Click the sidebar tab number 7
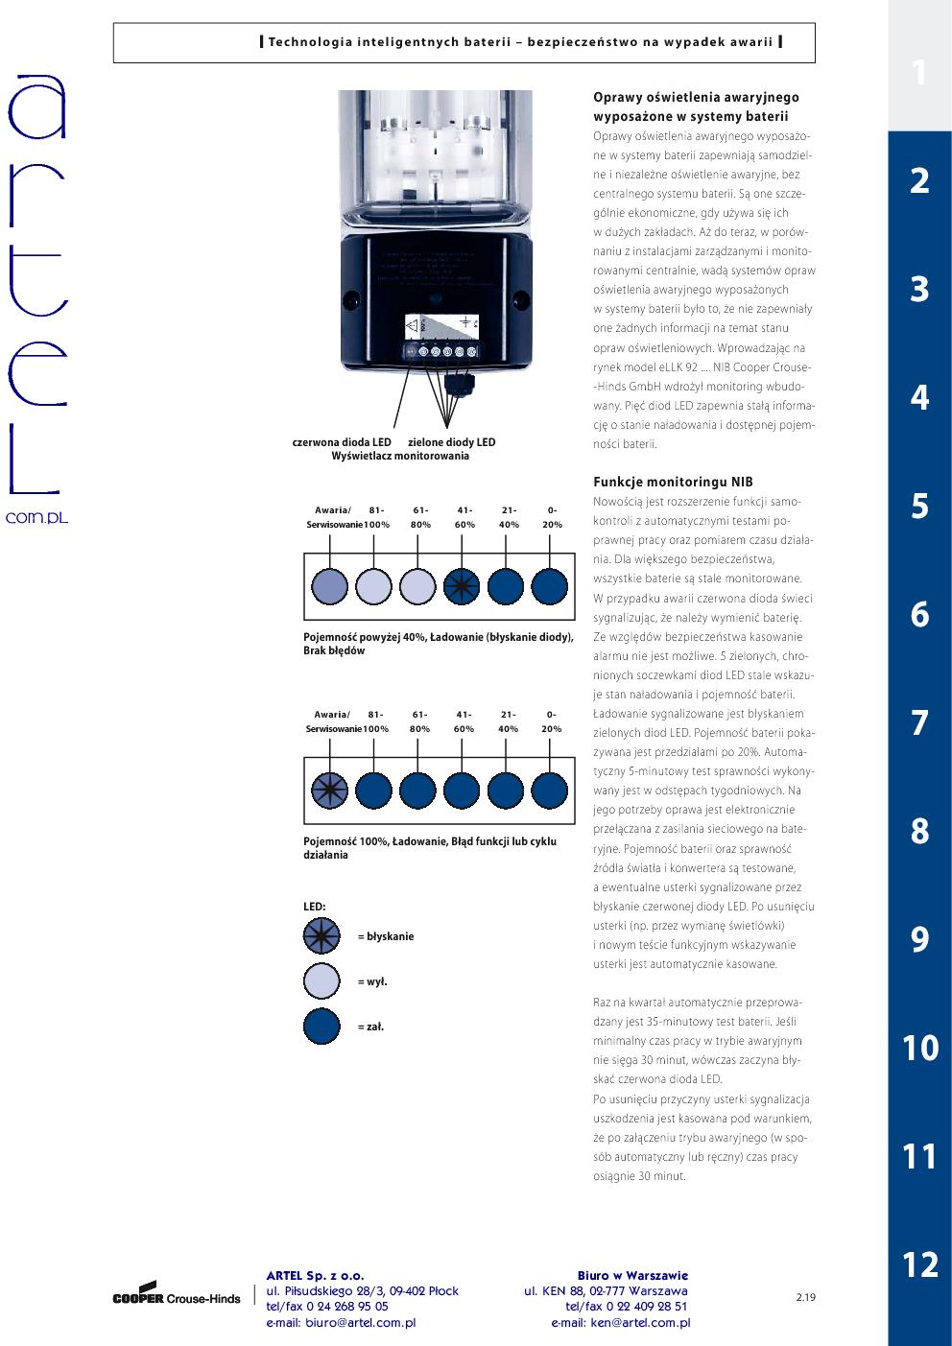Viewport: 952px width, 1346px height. pos(919,722)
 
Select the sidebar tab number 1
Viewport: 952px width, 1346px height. pos(919,73)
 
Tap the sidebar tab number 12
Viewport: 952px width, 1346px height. pos(919,1264)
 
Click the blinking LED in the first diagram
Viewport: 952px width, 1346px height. pos(462,585)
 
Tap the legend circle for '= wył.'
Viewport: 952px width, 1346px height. pos(321,980)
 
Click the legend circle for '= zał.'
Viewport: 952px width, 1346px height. pos(321,1026)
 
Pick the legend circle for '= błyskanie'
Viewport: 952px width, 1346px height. pos(321,935)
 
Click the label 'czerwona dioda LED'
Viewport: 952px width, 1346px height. pos(342,442)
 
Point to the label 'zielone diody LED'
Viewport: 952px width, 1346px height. pos(452,442)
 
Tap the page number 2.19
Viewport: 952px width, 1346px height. pos(805,1298)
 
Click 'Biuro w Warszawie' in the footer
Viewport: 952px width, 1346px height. pos(632,1275)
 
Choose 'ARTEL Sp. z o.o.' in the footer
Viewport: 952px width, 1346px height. pos(315,1275)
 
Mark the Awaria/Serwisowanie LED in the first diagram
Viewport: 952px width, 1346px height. pos(329,585)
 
